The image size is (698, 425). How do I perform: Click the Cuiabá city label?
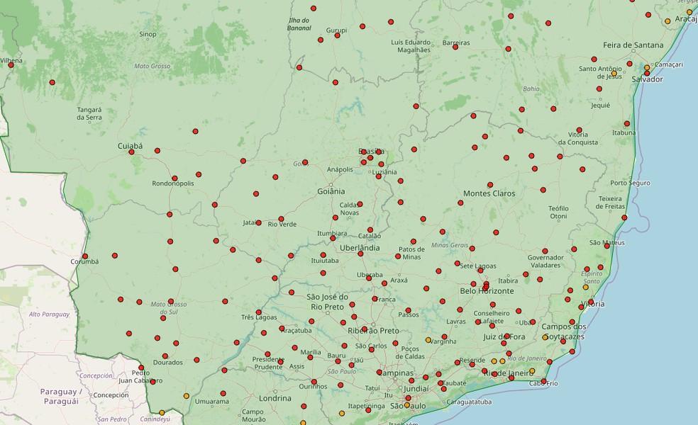tap(130, 146)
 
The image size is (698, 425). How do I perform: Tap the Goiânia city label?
tap(331, 191)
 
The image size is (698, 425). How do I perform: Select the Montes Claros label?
tap(489, 193)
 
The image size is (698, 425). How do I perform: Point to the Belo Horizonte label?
tap(487, 291)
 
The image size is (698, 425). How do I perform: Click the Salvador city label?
tap(647, 79)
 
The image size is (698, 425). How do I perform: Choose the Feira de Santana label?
tap(633, 45)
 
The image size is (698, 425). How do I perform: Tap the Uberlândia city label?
tap(359, 248)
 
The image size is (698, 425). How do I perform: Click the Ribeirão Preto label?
tap(373, 331)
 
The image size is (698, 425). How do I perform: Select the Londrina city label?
tap(275, 398)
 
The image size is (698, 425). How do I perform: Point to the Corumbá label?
tap(84, 261)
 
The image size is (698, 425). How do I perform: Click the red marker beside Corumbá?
tap(85, 256)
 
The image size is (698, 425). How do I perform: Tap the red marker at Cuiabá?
tap(131, 152)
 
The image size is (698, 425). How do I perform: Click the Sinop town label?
tap(148, 34)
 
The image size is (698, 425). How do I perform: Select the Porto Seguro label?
tap(630, 183)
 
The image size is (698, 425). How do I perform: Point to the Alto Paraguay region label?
tap(49, 314)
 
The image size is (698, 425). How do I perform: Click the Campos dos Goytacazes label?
tap(564, 331)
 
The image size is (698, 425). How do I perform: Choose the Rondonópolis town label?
tap(172, 183)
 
